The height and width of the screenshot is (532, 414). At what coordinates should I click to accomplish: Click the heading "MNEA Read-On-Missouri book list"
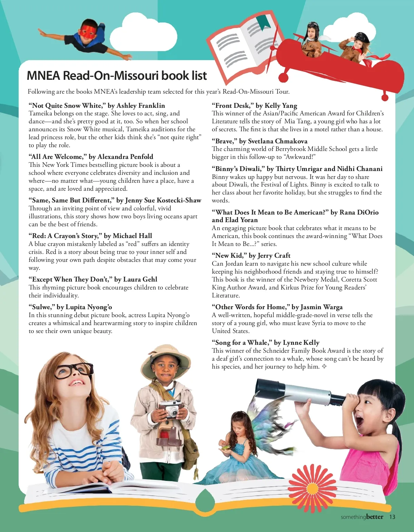pyautogui.click(x=117, y=76)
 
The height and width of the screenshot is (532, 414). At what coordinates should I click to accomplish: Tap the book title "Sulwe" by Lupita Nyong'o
pyautogui.click(x=70, y=307)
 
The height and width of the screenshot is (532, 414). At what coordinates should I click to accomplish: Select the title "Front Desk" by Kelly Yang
pyautogui.click(x=254, y=105)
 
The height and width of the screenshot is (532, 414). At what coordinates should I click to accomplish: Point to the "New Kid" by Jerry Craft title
pyautogui.click(x=251, y=255)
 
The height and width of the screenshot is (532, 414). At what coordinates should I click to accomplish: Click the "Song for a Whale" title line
pyautogui.click(x=265, y=342)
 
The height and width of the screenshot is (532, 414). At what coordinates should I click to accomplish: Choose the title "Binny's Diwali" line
pyautogui.click(x=297, y=169)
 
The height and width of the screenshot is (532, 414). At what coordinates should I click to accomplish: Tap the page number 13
pyautogui.click(x=392, y=517)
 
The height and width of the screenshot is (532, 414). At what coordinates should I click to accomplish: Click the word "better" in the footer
pyautogui.click(x=375, y=517)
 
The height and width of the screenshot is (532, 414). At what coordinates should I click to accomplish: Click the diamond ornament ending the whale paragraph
pyautogui.click(x=324, y=367)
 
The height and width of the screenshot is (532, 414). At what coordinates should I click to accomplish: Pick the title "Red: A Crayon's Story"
pyautogui.click(x=90, y=236)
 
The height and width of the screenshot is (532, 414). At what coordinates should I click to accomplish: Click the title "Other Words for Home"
pyautogui.click(x=277, y=307)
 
